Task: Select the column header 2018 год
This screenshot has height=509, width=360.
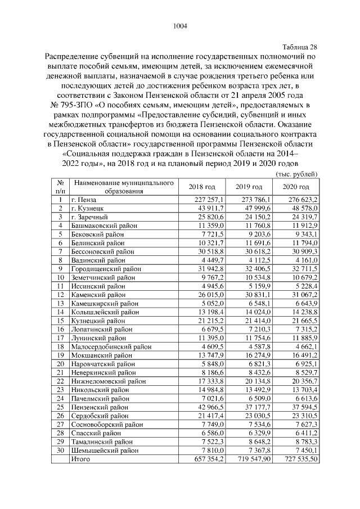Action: coord(202,187)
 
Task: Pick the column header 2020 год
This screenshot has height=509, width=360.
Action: coord(296,187)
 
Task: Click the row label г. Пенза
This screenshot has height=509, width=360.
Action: coord(84,200)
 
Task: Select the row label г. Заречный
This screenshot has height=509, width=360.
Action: coord(89,217)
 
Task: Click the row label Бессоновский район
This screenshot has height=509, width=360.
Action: coord(100,251)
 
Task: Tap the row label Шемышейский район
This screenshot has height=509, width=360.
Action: coord(100,451)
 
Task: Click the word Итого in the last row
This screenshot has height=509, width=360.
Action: coord(82,460)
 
